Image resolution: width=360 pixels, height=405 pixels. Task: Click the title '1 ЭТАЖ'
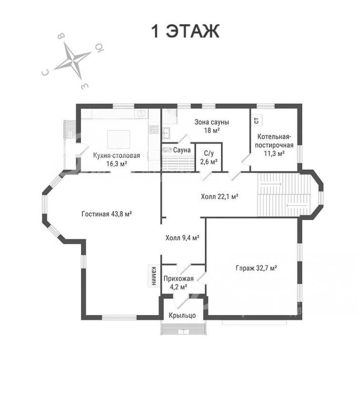[185, 31]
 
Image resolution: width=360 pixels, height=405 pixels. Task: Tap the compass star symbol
[72, 61]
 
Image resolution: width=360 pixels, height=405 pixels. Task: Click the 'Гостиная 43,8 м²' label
[107, 214]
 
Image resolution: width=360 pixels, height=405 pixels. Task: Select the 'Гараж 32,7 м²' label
[256, 268]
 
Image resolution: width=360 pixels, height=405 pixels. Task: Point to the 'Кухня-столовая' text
[117, 155]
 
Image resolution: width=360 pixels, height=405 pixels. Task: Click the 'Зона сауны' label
[212, 122]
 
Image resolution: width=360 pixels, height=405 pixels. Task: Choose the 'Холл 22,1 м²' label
[220, 197]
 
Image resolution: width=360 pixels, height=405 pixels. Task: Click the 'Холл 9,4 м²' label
[182, 238]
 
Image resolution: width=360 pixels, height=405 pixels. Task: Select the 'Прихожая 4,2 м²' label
[179, 283]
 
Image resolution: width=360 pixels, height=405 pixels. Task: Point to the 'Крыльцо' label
[182, 315]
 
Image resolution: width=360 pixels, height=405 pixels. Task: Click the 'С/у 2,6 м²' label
[209, 158]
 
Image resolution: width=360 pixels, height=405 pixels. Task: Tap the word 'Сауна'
[182, 150]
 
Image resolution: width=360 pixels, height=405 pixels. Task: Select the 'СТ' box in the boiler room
[257, 120]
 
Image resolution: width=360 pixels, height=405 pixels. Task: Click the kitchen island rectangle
[119, 140]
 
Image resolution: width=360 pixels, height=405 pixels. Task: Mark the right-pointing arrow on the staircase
[271, 184]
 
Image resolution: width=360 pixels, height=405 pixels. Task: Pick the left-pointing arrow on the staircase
[297, 206]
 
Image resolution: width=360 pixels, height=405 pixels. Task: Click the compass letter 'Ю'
[100, 48]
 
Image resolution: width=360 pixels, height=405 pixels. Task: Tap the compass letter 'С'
[45, 72]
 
